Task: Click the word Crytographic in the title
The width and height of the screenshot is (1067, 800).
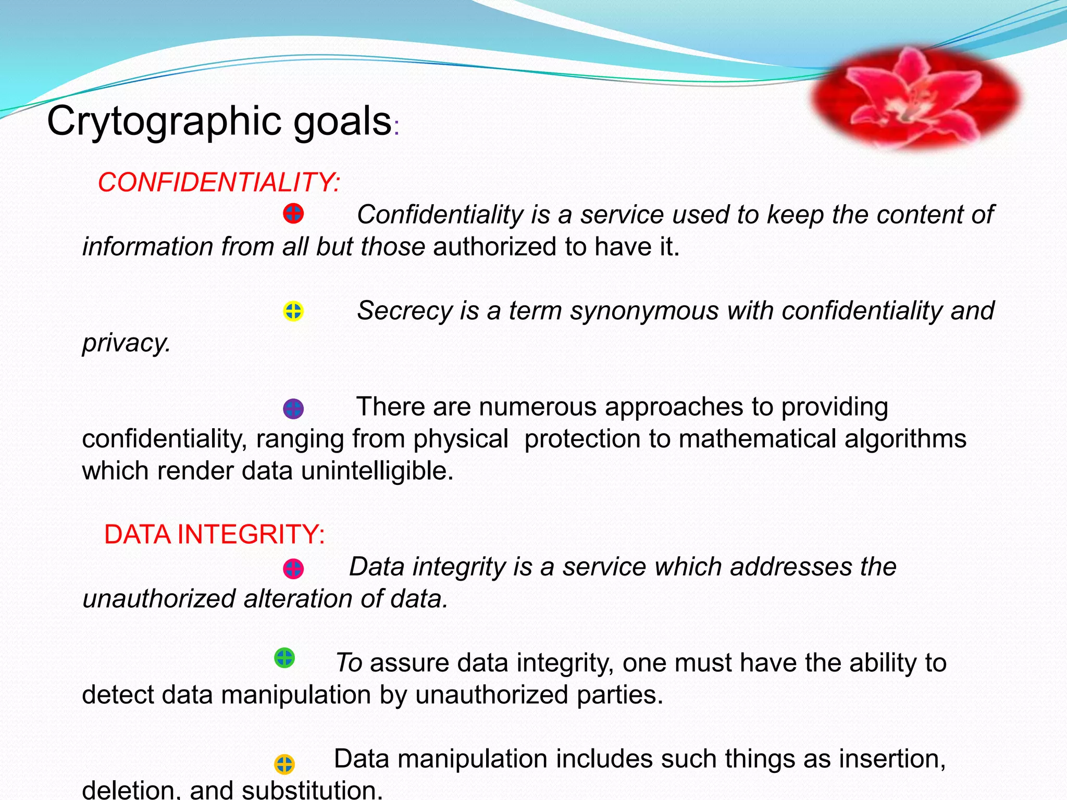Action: (165, 121)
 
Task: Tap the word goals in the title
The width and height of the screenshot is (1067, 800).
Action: (342, 121)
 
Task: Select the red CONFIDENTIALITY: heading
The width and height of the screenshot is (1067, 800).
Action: (219, 183)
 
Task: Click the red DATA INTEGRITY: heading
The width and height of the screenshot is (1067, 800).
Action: (215, 534)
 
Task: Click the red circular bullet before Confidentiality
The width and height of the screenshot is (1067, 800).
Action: (293, 214)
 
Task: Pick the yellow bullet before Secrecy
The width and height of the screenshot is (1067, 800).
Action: (293, 311)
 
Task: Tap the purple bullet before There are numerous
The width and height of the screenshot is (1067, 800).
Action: (293, 409)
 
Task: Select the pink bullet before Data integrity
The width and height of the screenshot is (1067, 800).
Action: (293, 569)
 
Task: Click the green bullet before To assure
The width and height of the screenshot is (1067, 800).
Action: (284, 658)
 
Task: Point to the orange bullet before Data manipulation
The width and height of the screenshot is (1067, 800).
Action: (284, 764)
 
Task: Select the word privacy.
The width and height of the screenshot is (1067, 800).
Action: (127, 343)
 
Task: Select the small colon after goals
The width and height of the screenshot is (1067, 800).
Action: (396, 128)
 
